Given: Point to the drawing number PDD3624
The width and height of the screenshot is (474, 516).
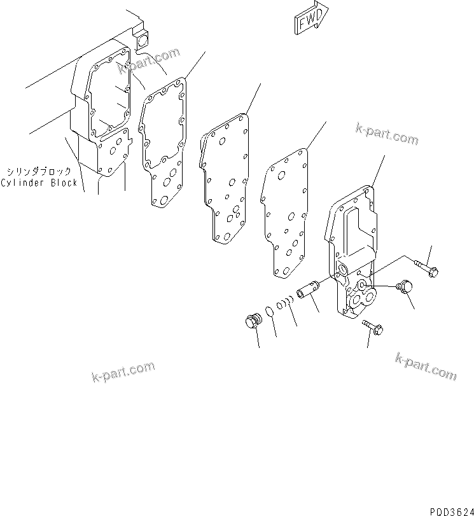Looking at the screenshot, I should pyautogui.click(x=449, y=510).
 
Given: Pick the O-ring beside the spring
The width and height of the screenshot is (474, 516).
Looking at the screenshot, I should pyautogui.click(x=270, y=311).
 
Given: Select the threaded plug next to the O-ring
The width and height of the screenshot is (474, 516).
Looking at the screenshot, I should pyautogui.click(x=254, y=321).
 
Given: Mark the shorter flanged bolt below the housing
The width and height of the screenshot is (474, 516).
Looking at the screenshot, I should pyautogui.click(x=372, y=326).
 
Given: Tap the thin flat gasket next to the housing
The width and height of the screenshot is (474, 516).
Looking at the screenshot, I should pyautogui.click(x=286, y=210).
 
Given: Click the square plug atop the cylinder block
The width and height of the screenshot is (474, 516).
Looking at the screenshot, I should pyautogui.click(x=141, y=39).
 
